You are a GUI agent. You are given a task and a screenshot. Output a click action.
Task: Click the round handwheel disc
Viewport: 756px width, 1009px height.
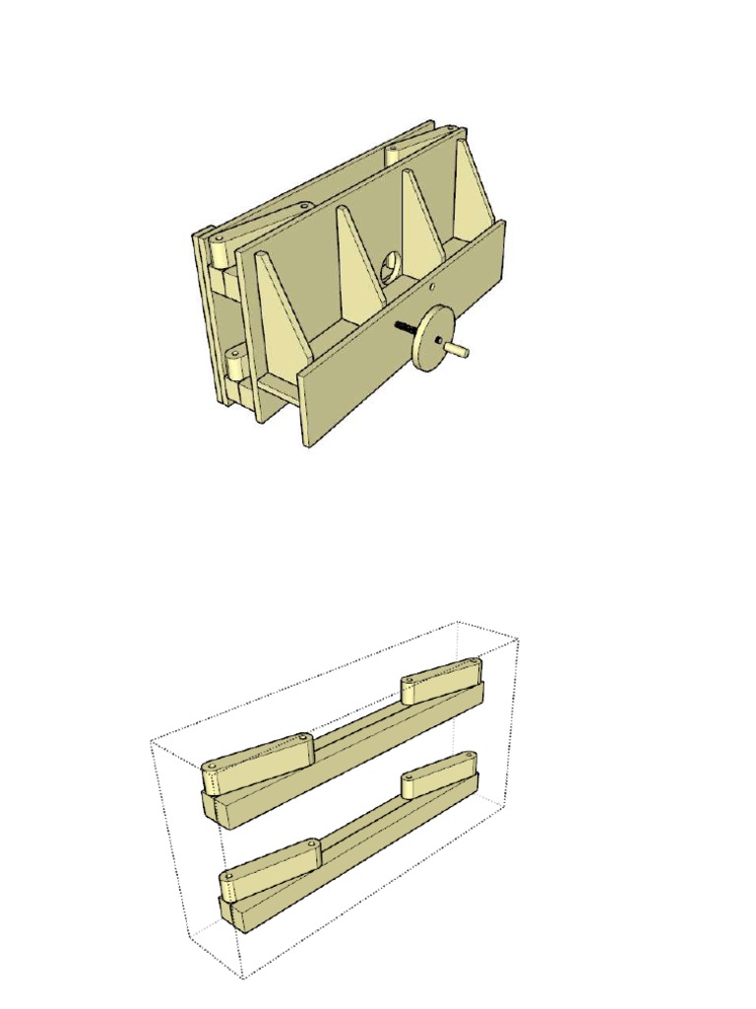coord(432,337)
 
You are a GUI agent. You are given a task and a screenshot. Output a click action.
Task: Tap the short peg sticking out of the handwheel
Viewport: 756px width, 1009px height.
coord(458,348)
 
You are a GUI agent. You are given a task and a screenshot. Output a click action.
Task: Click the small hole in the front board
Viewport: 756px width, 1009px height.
coord(432,288)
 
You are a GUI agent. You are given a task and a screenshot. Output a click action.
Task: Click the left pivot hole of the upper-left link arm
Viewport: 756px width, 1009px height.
coord(211,766)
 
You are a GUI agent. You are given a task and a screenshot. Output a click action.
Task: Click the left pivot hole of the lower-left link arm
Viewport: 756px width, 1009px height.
coord(228,876)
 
